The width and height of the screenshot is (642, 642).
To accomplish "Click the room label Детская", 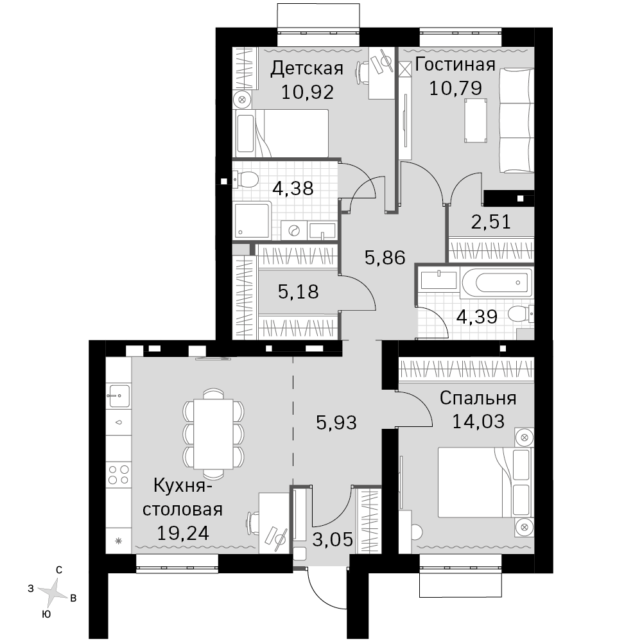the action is (307, 69).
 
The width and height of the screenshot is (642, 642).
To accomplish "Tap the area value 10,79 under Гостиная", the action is (455, 88).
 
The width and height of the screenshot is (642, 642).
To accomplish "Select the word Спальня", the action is (478, 398).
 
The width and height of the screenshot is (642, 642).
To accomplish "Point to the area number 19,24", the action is (182, 533).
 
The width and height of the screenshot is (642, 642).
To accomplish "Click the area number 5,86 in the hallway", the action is (385, 258).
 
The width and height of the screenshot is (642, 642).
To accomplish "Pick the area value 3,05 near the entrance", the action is (333, 540).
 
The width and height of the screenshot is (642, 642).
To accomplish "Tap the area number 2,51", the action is (491, 221).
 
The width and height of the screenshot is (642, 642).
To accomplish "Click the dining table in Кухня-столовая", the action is (213, 434).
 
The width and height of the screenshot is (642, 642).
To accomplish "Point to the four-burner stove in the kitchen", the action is (119, 474).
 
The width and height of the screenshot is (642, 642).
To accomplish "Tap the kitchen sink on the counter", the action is (118, 396).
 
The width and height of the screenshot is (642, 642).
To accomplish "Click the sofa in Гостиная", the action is (516, 121).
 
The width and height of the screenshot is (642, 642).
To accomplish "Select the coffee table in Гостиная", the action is (476, 121).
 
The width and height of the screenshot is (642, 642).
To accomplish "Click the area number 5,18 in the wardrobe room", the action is (298, 292).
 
